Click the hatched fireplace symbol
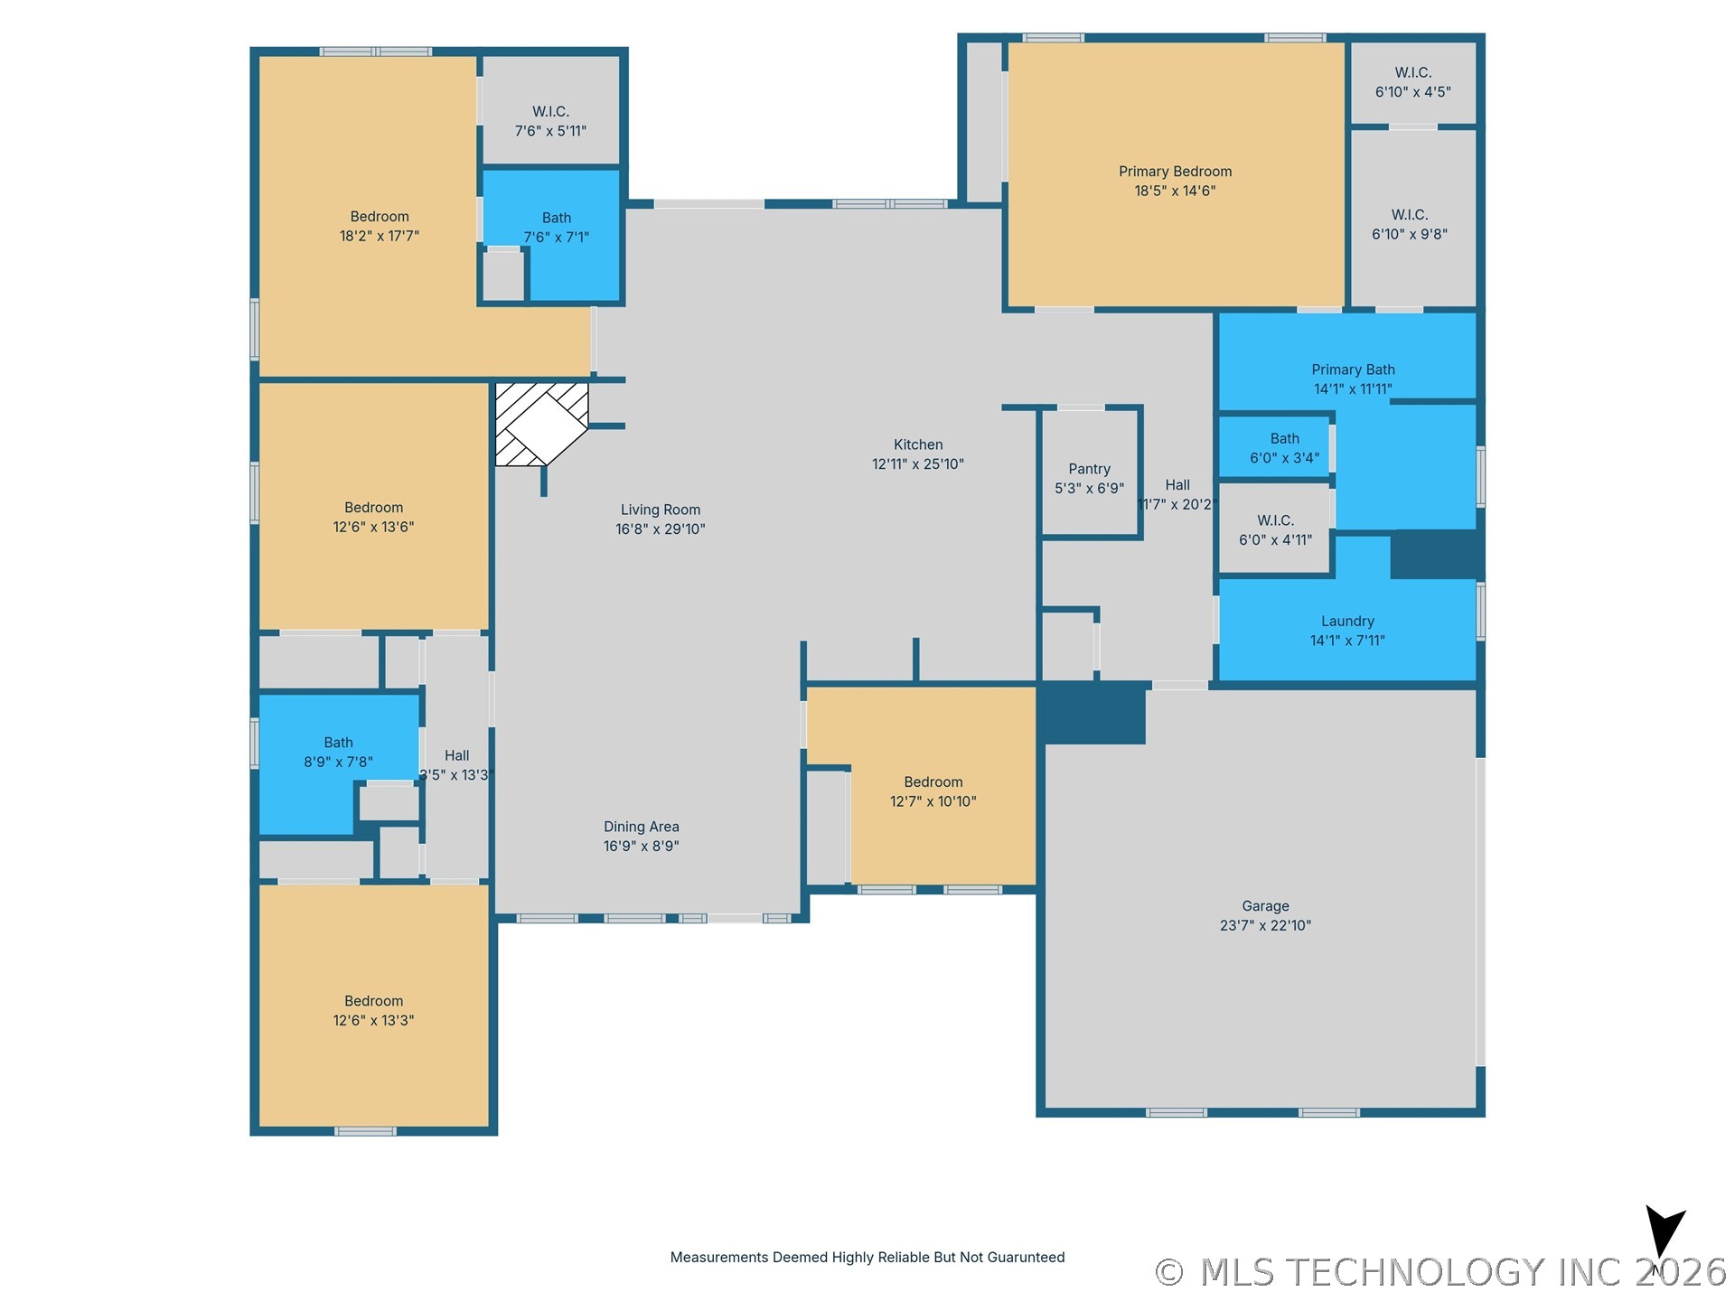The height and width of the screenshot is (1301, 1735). click(x=541, y=424)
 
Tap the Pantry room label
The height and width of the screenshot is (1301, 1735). click(x=1089, y=469)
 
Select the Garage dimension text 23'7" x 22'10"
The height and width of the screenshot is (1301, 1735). click(x=1265, y=925)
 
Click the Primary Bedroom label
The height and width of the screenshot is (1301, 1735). click(x=1175, y=172)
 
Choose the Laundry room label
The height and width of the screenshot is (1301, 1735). click(x=1347, y=622)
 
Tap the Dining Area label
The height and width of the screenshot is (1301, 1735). click(x=642, y=827)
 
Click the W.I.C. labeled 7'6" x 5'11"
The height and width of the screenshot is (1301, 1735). click(x=550, y=121)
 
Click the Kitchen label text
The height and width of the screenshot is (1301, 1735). click(x=918, y=445)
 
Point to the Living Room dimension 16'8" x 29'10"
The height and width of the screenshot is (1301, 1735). click(x=661, y=529)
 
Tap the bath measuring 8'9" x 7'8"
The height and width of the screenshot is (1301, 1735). click(x=338, y=752)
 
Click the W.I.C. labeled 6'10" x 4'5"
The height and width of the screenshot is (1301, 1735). click(x=1412, y=82)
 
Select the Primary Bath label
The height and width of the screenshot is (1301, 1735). click(x=1353, y=370)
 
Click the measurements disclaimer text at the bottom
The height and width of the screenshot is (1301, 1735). click(x=867, y=1258)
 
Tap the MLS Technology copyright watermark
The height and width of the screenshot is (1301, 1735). click(x=1441, y=1272)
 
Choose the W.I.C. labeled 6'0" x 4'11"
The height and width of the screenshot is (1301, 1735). click(x=1275, y=530)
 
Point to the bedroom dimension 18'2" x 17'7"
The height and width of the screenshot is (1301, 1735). click(x=380, y=236)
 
